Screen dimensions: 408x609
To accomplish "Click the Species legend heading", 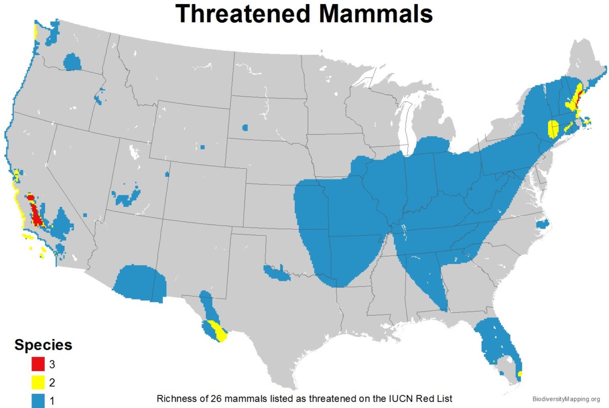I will click(43, 345).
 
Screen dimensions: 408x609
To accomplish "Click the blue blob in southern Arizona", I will click(140, 283).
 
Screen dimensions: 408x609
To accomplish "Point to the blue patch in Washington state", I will click(73, 62).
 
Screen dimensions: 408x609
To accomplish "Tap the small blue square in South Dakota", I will click(246, 127).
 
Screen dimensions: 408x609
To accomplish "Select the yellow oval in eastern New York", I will click(553, 129).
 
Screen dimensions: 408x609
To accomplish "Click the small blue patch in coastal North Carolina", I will click(543, 222).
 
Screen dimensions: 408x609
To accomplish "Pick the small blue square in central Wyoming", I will click(202, 147).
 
